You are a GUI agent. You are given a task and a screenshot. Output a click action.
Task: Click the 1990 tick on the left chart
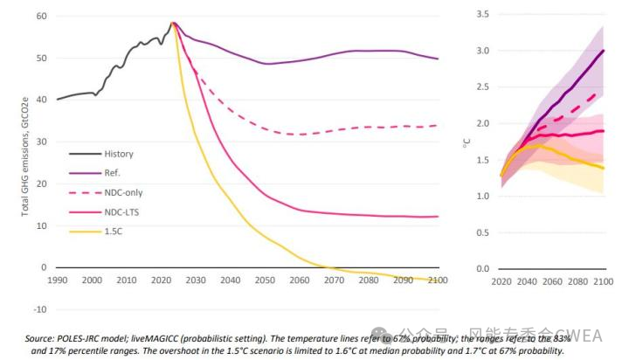(x=58, y=280)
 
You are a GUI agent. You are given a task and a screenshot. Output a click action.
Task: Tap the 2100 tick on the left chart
(x=438, y=280)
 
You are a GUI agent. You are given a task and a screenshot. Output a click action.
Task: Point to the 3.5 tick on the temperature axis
(x=481, y=14)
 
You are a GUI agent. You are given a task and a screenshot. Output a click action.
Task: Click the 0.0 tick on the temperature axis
(x=481, y=268)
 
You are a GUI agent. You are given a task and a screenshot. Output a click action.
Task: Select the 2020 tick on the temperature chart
(x=501, y=284)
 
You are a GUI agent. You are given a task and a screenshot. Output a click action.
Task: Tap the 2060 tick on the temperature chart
(x=552, y=284)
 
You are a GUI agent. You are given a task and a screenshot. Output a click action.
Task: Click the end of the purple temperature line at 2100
(x=603, y=51)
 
